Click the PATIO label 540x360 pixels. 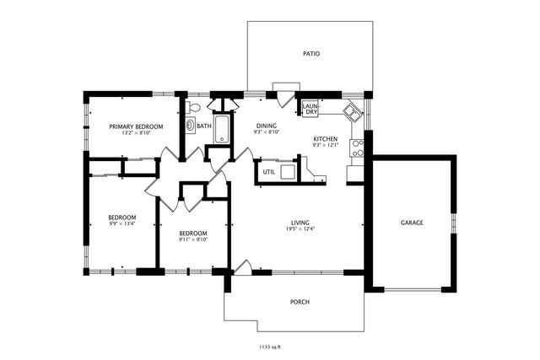pyautogui.click(x=311, y=54)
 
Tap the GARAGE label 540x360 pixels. pyautogui.click(x=412, y=223)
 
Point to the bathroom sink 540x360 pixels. pyautogui.click(x=190, y=126)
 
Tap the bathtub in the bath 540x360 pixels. pyautogui.click(x=224, y=129)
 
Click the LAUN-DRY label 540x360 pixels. pyautogui.click(x=310, y=109)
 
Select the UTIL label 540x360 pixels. pyautogui.click(x=268, y=171)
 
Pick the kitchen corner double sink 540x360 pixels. pyautogui.click(x=353, y=110)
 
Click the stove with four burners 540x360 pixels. pyautogui.click(x=358, y=148)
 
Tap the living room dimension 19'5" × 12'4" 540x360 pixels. pyautogui.click(x=298, y=228)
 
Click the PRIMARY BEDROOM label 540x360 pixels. pyautogui.click(x=136, y=126)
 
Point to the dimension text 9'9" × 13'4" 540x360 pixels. pyautogui.click(x=122, y=223)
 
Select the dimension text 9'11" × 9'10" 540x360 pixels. pyautogui.click(x=192, y=239)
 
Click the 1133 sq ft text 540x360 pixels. pyautogui.click(x=270, y=346)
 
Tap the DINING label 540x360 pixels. pyautogui.click(x=267, y=126)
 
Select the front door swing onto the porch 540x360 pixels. pyautogui.click(x=240, y=266)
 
